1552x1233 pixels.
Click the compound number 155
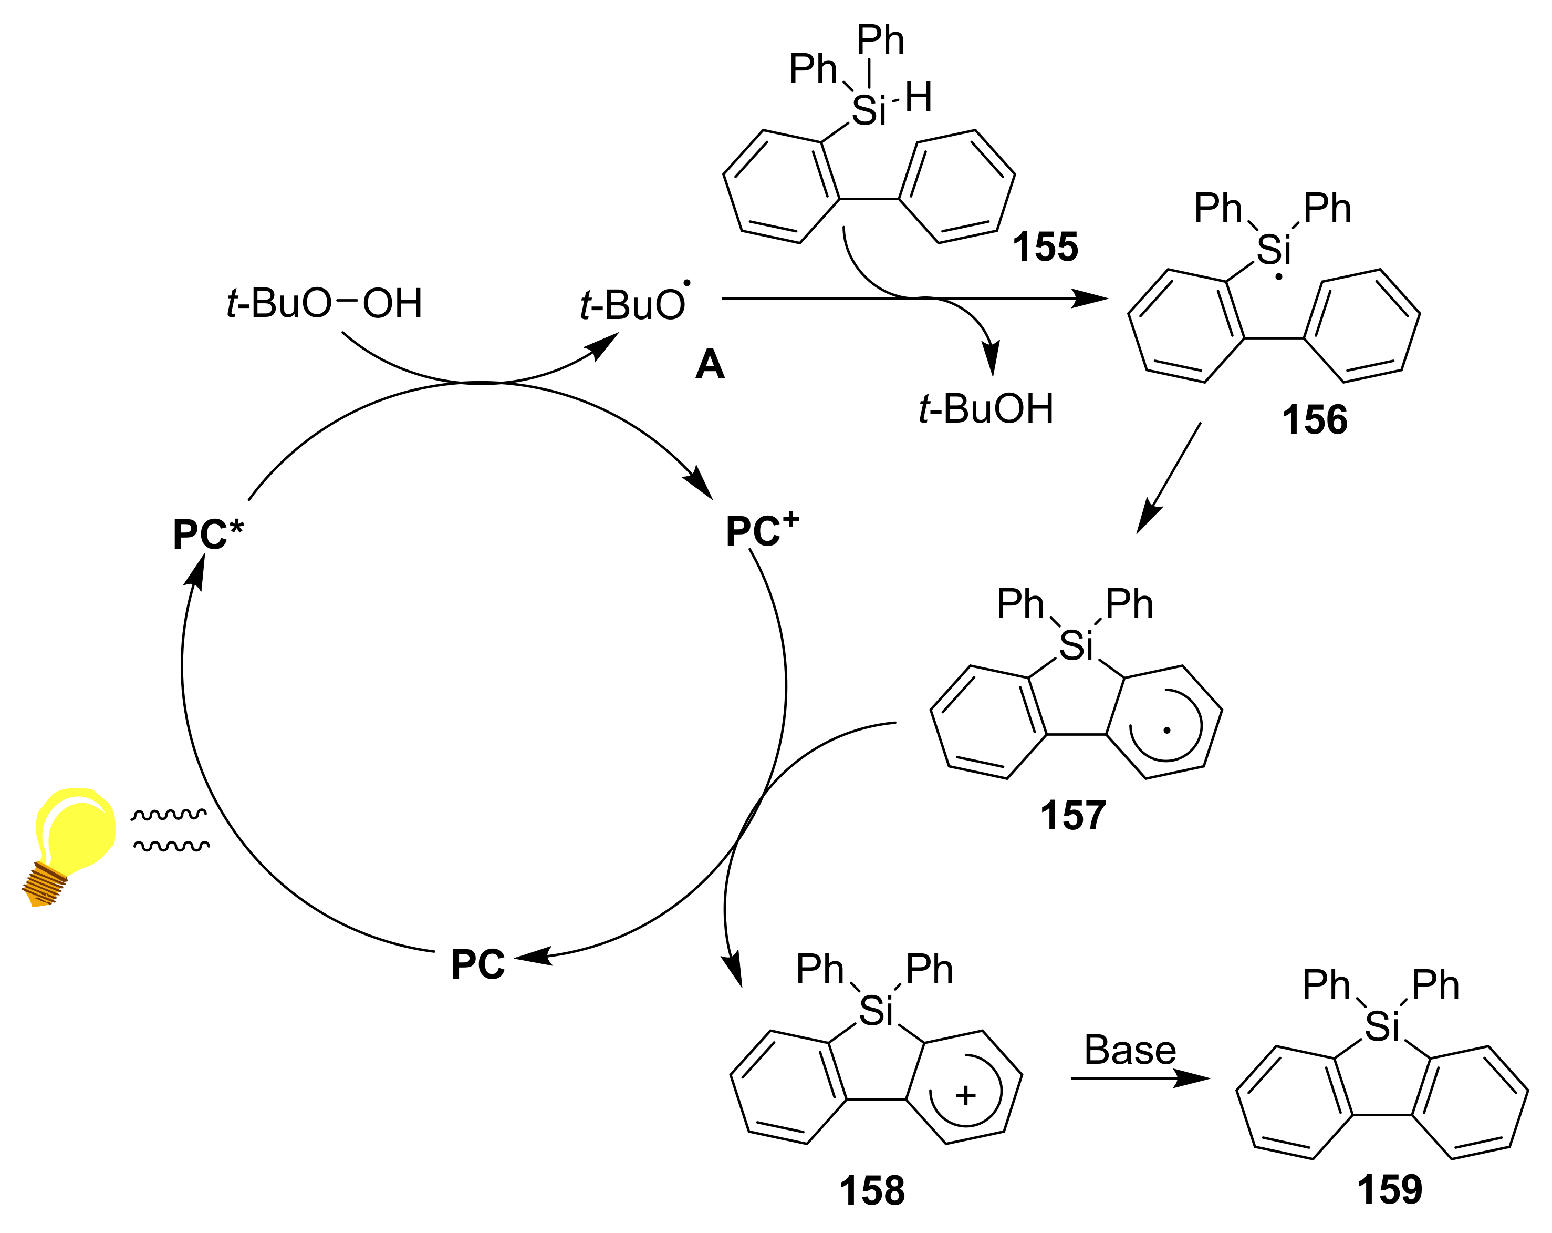click(1045, 247)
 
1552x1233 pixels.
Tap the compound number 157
click(1072, 816)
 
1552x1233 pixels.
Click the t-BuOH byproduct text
click(986, 409)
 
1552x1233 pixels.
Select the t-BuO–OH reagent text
click(324, 303)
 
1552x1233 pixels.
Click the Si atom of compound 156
click(1274, 251)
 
